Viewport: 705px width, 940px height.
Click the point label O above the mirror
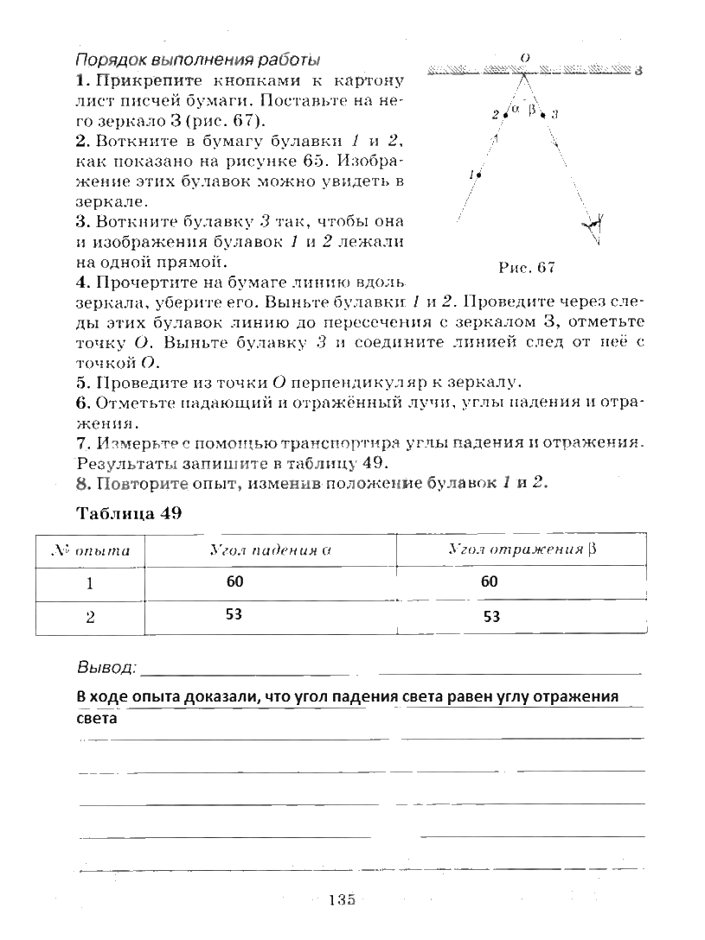coord(524,57)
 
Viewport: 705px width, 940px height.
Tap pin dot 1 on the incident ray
coord(479,175)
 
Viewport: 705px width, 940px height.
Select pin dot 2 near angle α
coord(503,113)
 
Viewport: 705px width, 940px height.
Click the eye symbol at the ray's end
coord(593,226)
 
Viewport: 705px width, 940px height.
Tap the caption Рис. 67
coord(526,267)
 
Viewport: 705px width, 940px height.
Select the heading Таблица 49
coord(129,513)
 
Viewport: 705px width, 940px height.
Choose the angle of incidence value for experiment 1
coord(235,581)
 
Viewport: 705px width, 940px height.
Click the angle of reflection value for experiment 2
coord(491,617)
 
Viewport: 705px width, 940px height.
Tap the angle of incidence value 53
coord(235,614)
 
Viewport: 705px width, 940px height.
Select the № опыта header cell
coord(91,550)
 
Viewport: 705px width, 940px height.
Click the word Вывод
coord(106,668)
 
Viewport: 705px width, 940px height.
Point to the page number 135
coord(342,901)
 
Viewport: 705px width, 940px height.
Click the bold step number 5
coord(82,382)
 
